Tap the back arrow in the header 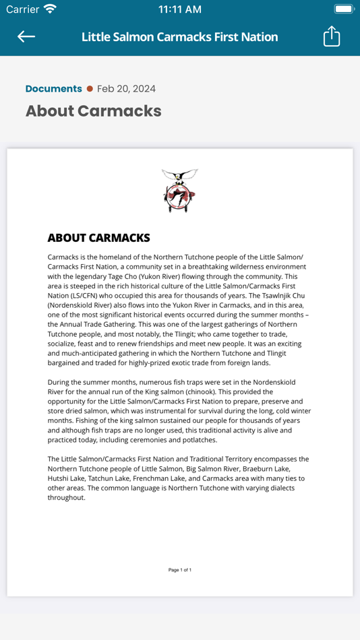point(26,36)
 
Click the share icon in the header point(332,36)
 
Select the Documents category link point(53,89)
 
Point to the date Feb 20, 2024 point(126,89)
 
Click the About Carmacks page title point(93,111)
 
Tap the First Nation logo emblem point(180,191)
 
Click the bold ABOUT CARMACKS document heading point(98,238)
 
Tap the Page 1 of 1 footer point(180,570)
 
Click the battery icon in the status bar point(343,9)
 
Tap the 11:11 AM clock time point(179,9)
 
